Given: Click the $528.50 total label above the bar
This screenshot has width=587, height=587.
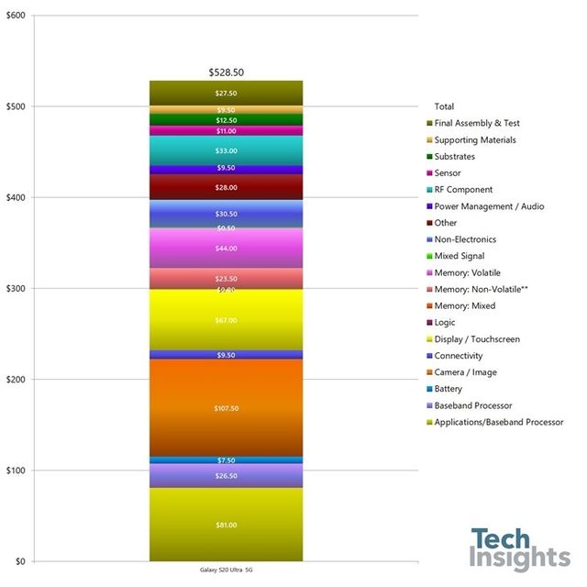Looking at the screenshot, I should [226, 72].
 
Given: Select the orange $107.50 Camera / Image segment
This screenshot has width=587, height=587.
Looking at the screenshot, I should [226, 407].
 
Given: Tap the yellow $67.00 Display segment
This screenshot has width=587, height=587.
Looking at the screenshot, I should [226, 320].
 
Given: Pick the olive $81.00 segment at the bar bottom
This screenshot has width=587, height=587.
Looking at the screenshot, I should [226, 525].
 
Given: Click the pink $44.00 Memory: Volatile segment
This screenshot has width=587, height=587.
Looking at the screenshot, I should [226, 249].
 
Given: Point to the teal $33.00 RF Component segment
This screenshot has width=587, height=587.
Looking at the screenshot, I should [226, 150].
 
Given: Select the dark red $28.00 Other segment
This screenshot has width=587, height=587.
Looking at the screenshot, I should [226, 187].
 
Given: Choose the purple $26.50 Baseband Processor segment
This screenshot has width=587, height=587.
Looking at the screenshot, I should [226, 476].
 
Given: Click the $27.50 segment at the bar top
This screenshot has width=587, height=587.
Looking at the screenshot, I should [226, 93].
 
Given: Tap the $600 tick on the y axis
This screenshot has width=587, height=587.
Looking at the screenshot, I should [17, 17].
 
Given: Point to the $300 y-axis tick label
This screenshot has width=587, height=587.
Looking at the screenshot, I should [17, 289].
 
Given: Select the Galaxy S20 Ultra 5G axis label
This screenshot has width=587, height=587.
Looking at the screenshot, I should [226, 570].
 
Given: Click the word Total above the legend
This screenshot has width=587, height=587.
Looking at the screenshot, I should [444, 106].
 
